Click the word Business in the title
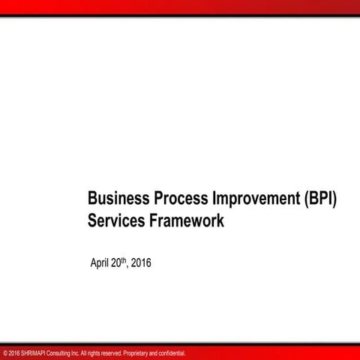pos(118,200)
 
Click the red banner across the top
pos(180,7)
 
